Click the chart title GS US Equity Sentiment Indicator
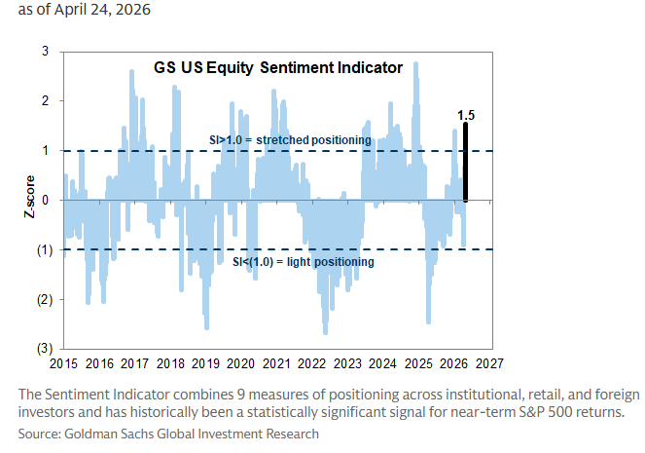[277, 68]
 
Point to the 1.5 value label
[466, 116]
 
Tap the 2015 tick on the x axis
[63, 363]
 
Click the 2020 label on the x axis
[240, 363]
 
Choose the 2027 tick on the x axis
[488, 363]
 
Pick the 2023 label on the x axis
[346, 363]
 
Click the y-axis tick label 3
[45, 51]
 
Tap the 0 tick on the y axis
[45, 200]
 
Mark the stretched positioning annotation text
[291, 140]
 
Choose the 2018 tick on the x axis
[169, 363]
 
